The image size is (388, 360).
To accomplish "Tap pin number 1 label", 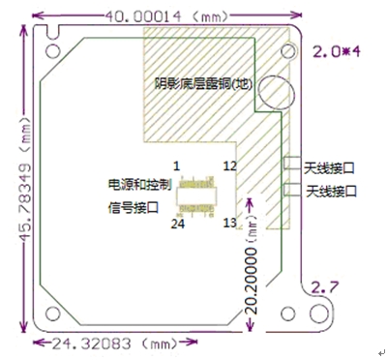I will [x=177, y=166].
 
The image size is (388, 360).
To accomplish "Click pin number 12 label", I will [x=229, y=166].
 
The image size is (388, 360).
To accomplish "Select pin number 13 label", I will [x=229, y=223].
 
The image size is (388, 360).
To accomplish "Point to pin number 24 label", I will [x=177, y=223].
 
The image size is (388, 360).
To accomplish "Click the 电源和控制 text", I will [x=141, y=183].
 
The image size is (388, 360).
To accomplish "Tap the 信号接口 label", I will [x=135, y=205].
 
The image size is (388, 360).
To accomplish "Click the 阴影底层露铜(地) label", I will [x=203, y=84].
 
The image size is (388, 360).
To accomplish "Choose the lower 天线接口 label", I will [x=331, y=192].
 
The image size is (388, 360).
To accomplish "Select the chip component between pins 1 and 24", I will [x=203, y=195].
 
